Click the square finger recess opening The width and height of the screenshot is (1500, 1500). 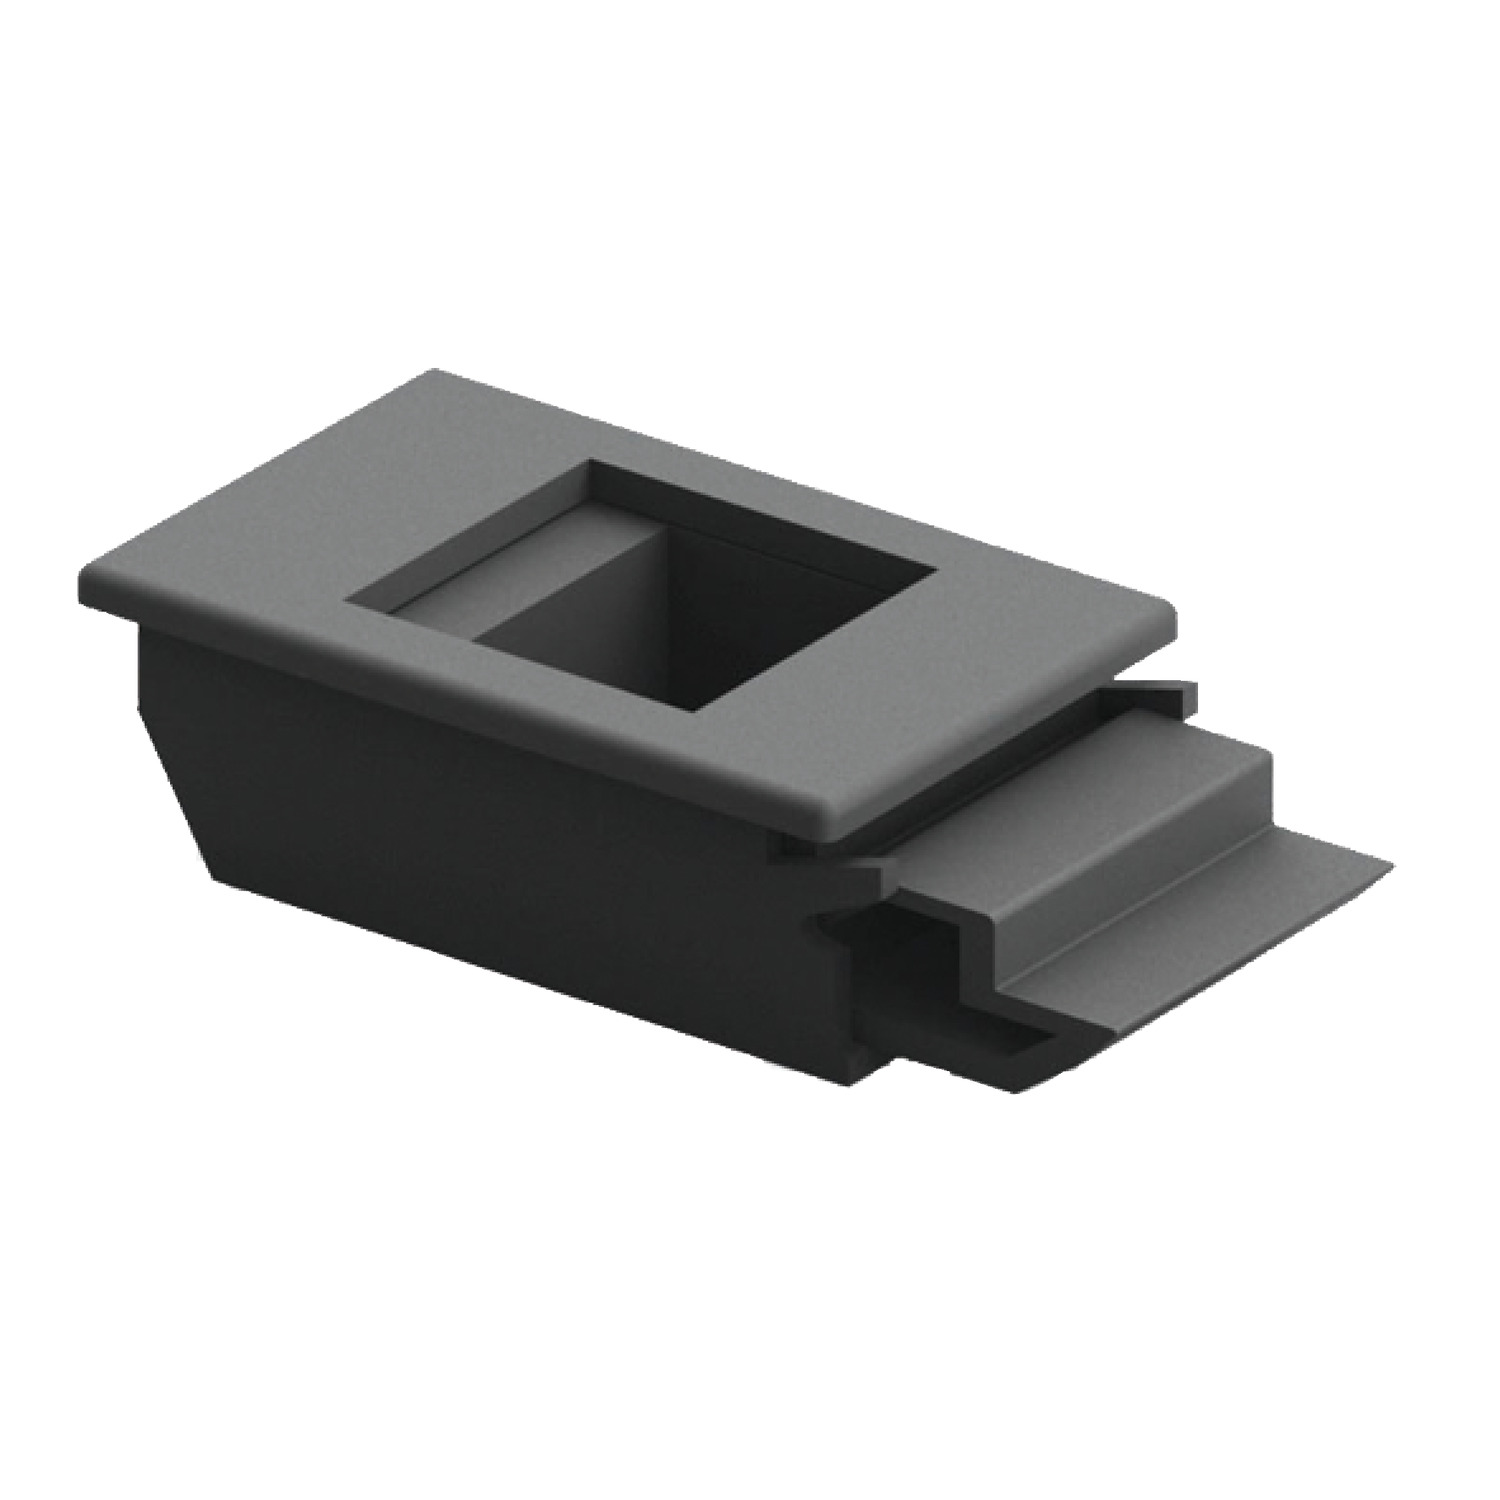coord(640,590)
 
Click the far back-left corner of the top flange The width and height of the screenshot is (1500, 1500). coord(435,373)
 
